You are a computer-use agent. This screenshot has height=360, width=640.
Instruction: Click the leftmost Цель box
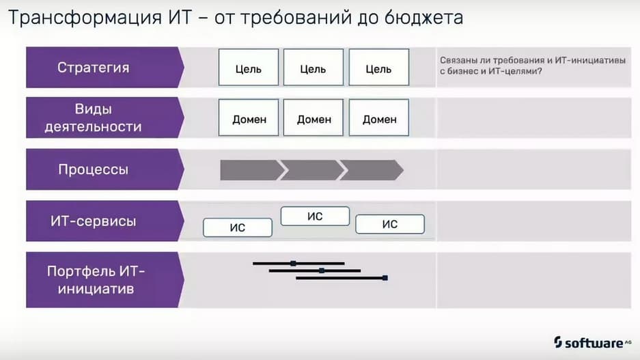click(x=249, y=68)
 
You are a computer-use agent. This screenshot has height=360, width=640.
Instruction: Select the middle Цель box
click(x=314, y=68)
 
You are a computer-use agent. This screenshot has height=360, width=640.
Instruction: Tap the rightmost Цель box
click(x=379, y=68)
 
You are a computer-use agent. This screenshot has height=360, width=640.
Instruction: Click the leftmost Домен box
click(x=249, y=117)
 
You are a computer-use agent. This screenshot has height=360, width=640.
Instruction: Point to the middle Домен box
click(x=314, y=117)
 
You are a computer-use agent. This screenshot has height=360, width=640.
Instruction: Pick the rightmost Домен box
click(x=379, y=117)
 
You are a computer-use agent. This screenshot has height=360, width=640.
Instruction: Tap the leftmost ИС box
click(x=238, y=227)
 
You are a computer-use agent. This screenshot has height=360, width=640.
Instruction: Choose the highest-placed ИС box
click(x=315, y=216)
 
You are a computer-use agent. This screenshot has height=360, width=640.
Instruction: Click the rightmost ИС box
click(x=390, y=224)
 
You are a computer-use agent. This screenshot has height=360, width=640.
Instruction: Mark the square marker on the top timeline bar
click(x=293, y=264)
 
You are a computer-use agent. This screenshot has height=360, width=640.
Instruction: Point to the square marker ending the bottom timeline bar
click(x=385, y=278)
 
